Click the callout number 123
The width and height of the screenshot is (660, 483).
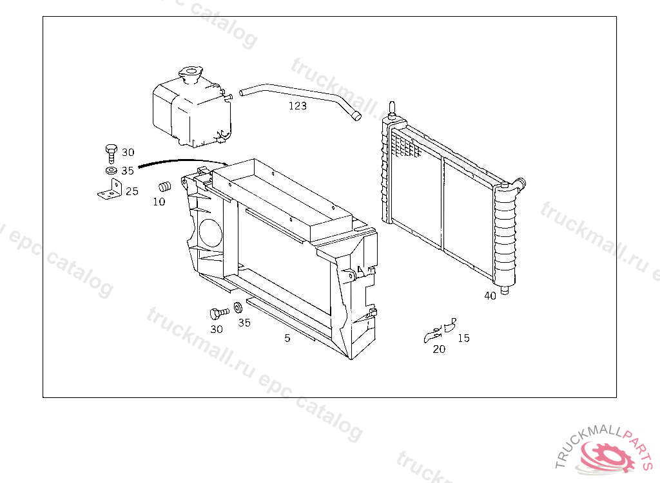[298, 106]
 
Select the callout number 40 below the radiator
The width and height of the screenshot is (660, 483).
[490, 296]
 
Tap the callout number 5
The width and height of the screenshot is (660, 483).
[287, 338]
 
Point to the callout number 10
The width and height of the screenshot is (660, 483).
[159, 202]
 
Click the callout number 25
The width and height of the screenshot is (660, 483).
[132, 191]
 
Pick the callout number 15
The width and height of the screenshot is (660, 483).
[463, 338]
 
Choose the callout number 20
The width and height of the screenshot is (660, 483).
[439, 349]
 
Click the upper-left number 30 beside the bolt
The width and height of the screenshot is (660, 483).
[128, 152]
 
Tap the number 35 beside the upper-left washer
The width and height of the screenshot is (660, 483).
[128, 171]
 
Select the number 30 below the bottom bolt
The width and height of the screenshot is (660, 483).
[217, 330]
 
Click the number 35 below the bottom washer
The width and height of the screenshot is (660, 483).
[244, 323]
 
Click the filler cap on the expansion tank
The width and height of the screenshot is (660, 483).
[191, 72]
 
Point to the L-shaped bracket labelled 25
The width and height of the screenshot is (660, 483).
[111, 190]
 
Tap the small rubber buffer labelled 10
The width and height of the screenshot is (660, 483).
[165, 186]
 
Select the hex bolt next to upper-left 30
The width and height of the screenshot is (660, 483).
[111, 153]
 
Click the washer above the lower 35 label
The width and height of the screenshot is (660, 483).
[237, 308]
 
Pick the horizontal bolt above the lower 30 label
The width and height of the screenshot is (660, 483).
[219, 313]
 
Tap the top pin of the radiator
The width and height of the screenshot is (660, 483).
[392, 108]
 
